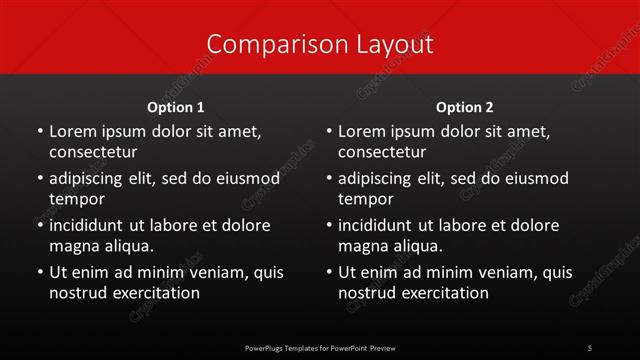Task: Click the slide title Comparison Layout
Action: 320,44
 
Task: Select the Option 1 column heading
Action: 176,107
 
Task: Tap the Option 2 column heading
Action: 465,107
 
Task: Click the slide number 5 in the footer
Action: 589,348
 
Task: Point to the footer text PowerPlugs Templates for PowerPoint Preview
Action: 320,348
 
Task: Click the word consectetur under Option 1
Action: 93,152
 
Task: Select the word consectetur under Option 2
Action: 382,152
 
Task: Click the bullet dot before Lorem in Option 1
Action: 39,132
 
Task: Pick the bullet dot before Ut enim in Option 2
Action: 328,272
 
